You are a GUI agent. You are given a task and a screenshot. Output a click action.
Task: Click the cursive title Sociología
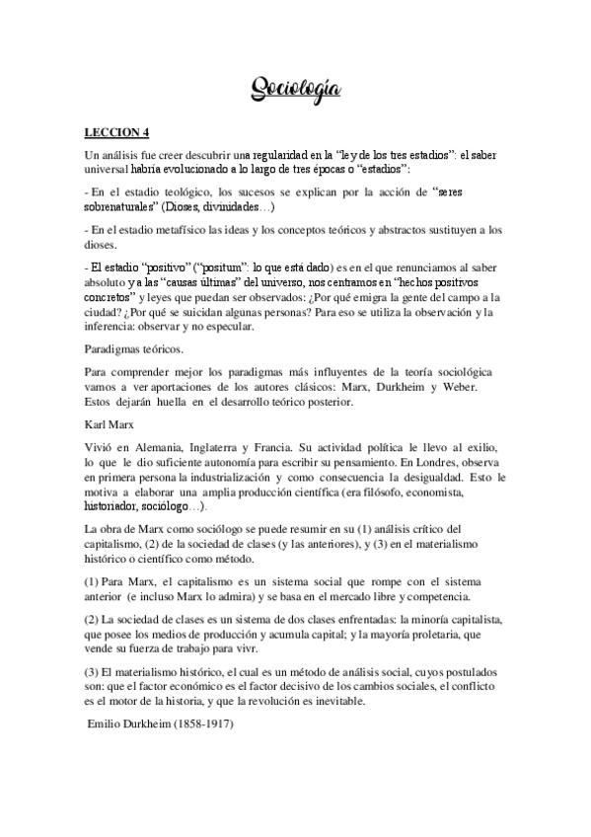(x=295, y=91)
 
